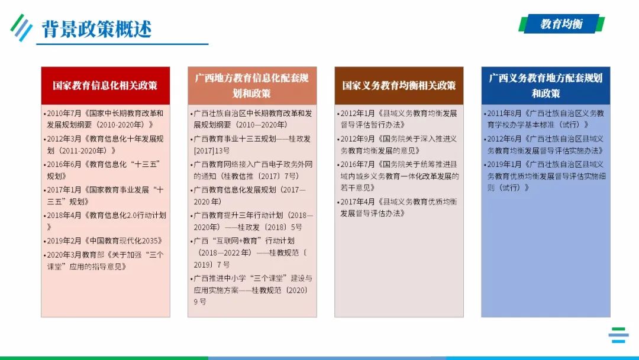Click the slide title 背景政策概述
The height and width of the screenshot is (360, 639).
(x=96, y=29)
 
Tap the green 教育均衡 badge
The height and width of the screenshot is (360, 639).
(x=561, y=24)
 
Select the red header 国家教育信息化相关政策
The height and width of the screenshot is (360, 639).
(x=105, y=85)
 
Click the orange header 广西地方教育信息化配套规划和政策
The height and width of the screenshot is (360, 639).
(x=252, y=85)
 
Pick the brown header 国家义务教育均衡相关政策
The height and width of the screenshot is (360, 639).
(x=399, y=85)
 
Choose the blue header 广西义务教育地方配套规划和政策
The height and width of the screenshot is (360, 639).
(x=546, y=85)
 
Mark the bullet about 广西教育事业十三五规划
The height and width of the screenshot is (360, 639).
(x=252, y=144)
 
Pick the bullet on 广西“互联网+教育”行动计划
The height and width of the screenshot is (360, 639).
(x=252, y=253)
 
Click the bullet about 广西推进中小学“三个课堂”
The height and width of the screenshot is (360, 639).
(x=252, y=290)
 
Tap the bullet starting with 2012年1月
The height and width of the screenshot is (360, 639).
(x=399, y=118)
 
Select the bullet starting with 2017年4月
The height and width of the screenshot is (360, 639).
(x=399, y=207)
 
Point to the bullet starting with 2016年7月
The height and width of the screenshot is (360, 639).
(x=399, y=176)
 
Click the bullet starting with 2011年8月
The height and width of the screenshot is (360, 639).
(x=546, y=118)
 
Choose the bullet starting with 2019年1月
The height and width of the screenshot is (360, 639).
(x=546, y=176)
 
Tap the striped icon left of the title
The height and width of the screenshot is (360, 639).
(x=21, y=27)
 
